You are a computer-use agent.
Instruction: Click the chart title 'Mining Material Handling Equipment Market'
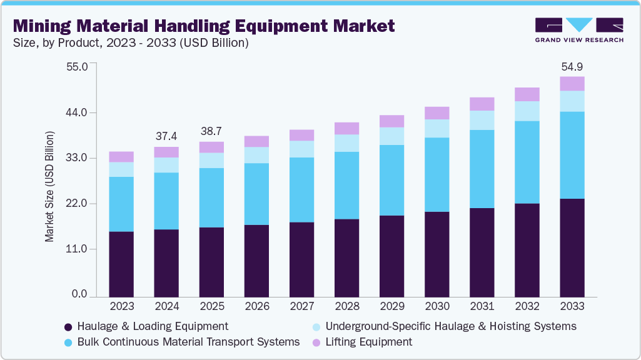click(x=204, y=26)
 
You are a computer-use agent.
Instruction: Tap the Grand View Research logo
click(x=578, y=30)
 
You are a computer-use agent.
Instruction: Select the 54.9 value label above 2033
click(x=572, y=66)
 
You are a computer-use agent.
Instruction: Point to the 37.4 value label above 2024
click(x=166, y=136)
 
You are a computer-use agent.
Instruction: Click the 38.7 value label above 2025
click(x=211, y=131)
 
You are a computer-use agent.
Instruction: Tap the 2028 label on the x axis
click(x=346, y=306)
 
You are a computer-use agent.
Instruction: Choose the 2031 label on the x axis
click(x=482, y=306)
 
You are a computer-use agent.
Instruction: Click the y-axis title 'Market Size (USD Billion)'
click(x=49, y=187)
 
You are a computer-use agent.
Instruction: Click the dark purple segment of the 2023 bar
click(x=121, y=264)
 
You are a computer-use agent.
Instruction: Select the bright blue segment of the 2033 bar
click(x=572, y=155)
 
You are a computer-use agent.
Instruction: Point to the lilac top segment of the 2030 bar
click(x=437, y=113)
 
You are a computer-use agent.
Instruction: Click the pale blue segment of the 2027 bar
click(x=301, y=149)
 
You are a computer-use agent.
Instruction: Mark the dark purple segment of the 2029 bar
click(x=391, y=256)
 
